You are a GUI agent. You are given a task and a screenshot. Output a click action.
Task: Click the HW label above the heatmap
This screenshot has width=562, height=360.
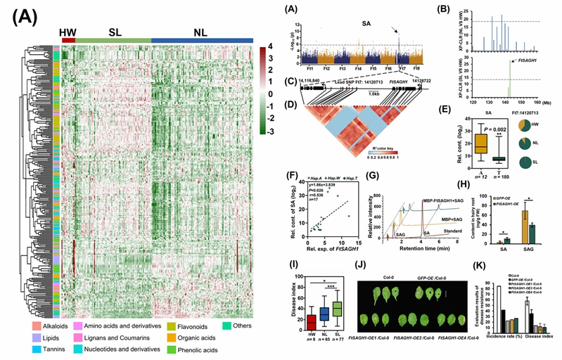[68, 32]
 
